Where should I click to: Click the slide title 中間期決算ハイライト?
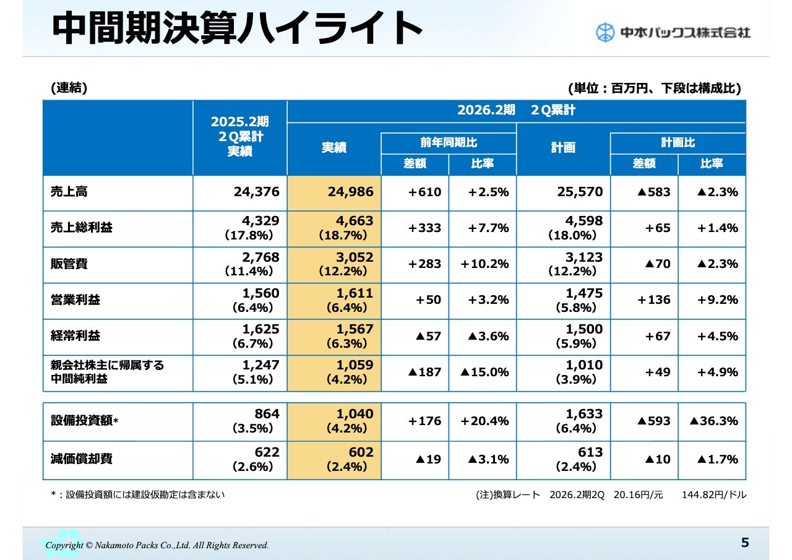coord(237,28)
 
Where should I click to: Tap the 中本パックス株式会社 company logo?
coord(673,32)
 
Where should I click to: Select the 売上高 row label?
coord(69,192)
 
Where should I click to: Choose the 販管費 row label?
coord(69,264)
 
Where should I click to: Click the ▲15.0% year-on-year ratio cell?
coord(484,372)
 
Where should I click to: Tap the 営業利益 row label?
coord(75,299)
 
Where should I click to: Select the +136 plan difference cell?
coord(654,299)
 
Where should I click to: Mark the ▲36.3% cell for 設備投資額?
coord(713,421)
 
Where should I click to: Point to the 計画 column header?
coord(563,148)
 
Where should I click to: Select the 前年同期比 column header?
coord(449,142)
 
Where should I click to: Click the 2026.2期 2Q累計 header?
coord(516,110)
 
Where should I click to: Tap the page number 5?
coord(745,543)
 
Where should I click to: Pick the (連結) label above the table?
coord(69,88)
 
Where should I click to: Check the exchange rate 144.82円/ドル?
coord(714,494)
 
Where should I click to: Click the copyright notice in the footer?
coord(157,545)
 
